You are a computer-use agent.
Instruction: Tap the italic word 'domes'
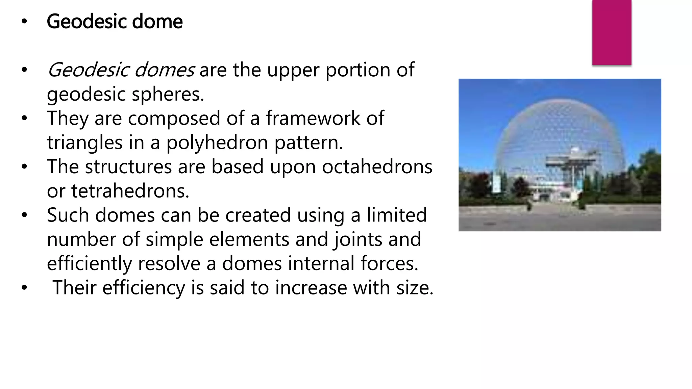pos(165,70)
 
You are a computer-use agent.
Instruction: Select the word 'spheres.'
pos(168,94)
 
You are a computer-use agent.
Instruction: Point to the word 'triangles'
pos(84,142)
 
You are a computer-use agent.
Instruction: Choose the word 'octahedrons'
pos(377,167)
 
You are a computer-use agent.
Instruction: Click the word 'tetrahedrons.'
pos(130,191)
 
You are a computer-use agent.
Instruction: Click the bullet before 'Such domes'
pos(24,215)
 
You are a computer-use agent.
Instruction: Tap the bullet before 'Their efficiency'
pos(24,288)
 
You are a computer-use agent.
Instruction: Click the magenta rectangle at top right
pos(612,32)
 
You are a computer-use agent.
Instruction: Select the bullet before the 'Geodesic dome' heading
pos(24,22)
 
